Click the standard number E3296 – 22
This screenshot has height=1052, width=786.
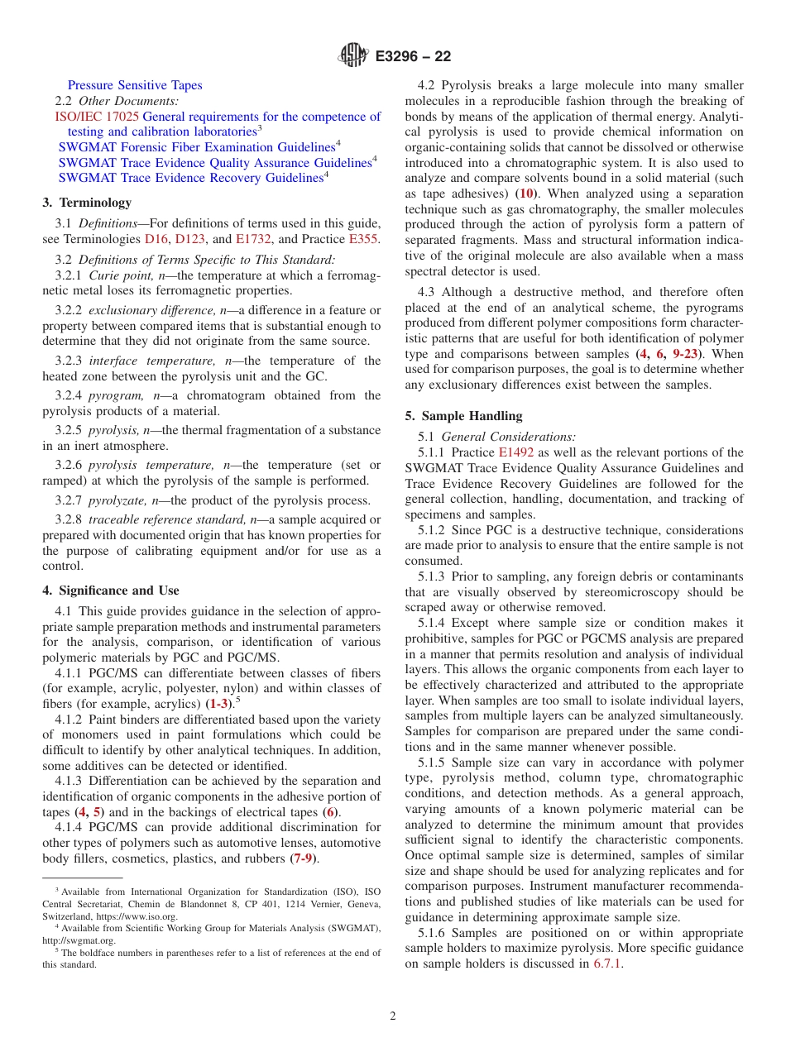click(x=413, y=57)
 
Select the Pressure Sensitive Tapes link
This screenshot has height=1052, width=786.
click(x=135, y=85)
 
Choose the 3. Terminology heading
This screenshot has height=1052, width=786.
click(x=87, y=203)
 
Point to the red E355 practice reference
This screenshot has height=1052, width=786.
click(x=364, y=239)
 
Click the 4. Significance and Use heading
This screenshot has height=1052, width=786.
click(x=111, y=591)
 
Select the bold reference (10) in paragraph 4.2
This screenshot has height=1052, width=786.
click(x=525, y=194)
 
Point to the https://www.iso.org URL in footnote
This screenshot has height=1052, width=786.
click(x=139, y=916)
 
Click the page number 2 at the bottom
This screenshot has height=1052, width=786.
click(x=393, y=1016)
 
